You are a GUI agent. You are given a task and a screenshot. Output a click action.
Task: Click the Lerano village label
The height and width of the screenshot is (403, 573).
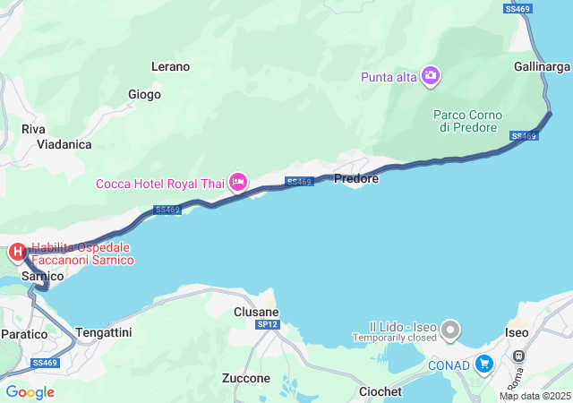point(170,66)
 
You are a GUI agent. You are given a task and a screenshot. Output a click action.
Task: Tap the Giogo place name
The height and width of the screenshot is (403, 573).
point(144,94)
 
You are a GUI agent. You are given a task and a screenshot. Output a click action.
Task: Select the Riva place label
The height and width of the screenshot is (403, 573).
point(33,129)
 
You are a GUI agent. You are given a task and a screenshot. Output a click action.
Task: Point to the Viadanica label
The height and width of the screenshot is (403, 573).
point(71,143)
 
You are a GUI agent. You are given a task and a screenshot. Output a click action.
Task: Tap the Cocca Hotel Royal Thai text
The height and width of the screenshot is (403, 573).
point(161,184)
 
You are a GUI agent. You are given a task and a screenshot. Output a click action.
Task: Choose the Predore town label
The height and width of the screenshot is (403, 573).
point(356,179)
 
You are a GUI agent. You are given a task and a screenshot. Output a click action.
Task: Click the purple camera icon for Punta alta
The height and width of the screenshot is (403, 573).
point(431,76)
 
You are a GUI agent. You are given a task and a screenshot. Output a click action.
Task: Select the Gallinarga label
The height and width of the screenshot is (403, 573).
point(543,67)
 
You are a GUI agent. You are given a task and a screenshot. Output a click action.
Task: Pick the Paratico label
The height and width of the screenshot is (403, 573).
point(24,334)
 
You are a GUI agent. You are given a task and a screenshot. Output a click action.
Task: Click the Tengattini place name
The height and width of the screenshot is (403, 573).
point(104,332)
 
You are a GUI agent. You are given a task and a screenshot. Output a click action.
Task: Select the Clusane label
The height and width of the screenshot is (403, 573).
point(256,311)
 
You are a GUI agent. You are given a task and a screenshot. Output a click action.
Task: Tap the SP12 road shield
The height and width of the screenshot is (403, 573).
point(267,323)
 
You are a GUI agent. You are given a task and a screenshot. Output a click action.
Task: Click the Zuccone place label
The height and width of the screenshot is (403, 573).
point(245,379)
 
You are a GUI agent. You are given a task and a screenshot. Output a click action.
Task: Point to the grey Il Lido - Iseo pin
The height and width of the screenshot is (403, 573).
point(450,331)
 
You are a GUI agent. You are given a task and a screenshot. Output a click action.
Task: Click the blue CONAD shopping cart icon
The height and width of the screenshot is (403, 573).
point(484,363)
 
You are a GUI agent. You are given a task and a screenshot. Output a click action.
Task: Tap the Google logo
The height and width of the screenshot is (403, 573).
point(30,391)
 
